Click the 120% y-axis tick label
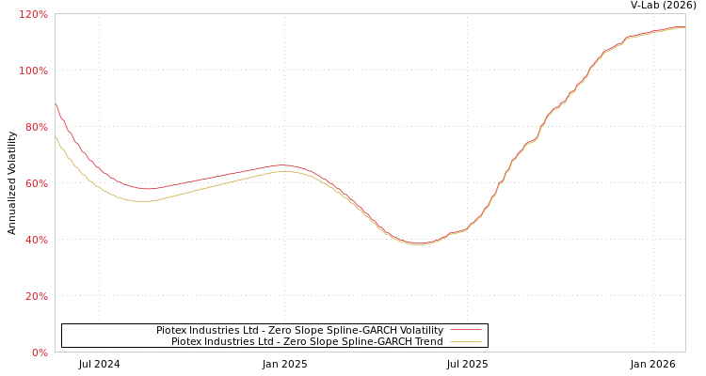(x=33, y=14)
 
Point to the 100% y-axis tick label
(x=33, y=70)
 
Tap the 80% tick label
(x=36, y=127)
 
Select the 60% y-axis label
(x=36, y=183)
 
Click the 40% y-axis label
(x=36, y=240)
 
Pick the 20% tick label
(x=36, y=296)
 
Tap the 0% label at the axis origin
(x=40, y=352)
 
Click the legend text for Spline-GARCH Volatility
(x=299, y=330)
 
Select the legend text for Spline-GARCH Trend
(x=307, y=341)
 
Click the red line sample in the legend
(x=465, y=330)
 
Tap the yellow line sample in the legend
(x=465, y=341)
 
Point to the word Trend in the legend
(x=427, y=341)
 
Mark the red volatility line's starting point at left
(x=56, y=104)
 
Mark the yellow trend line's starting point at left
(x=56, y=137)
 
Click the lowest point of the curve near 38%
(x=419, y=244)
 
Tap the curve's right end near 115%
(x=684, y=27)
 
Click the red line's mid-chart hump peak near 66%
(x=282, y=165)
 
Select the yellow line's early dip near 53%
(x=141, y=201)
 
